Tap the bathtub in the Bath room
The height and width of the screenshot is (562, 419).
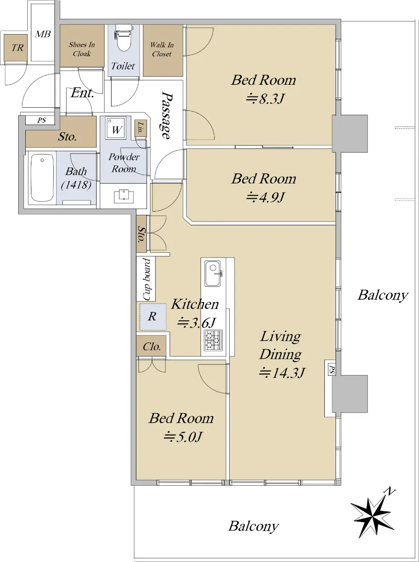pos(42,178)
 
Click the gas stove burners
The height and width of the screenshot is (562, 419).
pos(213,340)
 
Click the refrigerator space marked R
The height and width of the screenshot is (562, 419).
pos(153,317)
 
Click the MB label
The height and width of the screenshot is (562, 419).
pos(43,34)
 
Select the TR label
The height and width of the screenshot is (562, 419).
pos(17,47)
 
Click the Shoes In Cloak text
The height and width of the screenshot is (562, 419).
pos(82,49)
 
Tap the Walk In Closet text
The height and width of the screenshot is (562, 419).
pos(162,50)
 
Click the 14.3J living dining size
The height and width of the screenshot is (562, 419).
pos(281,373)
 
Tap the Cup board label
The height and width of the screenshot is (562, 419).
pos(146,279)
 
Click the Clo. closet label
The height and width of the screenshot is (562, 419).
pos(152,347)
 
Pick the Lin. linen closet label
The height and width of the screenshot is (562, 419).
pos(140,128)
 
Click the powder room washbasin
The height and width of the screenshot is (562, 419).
pos(124,196)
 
